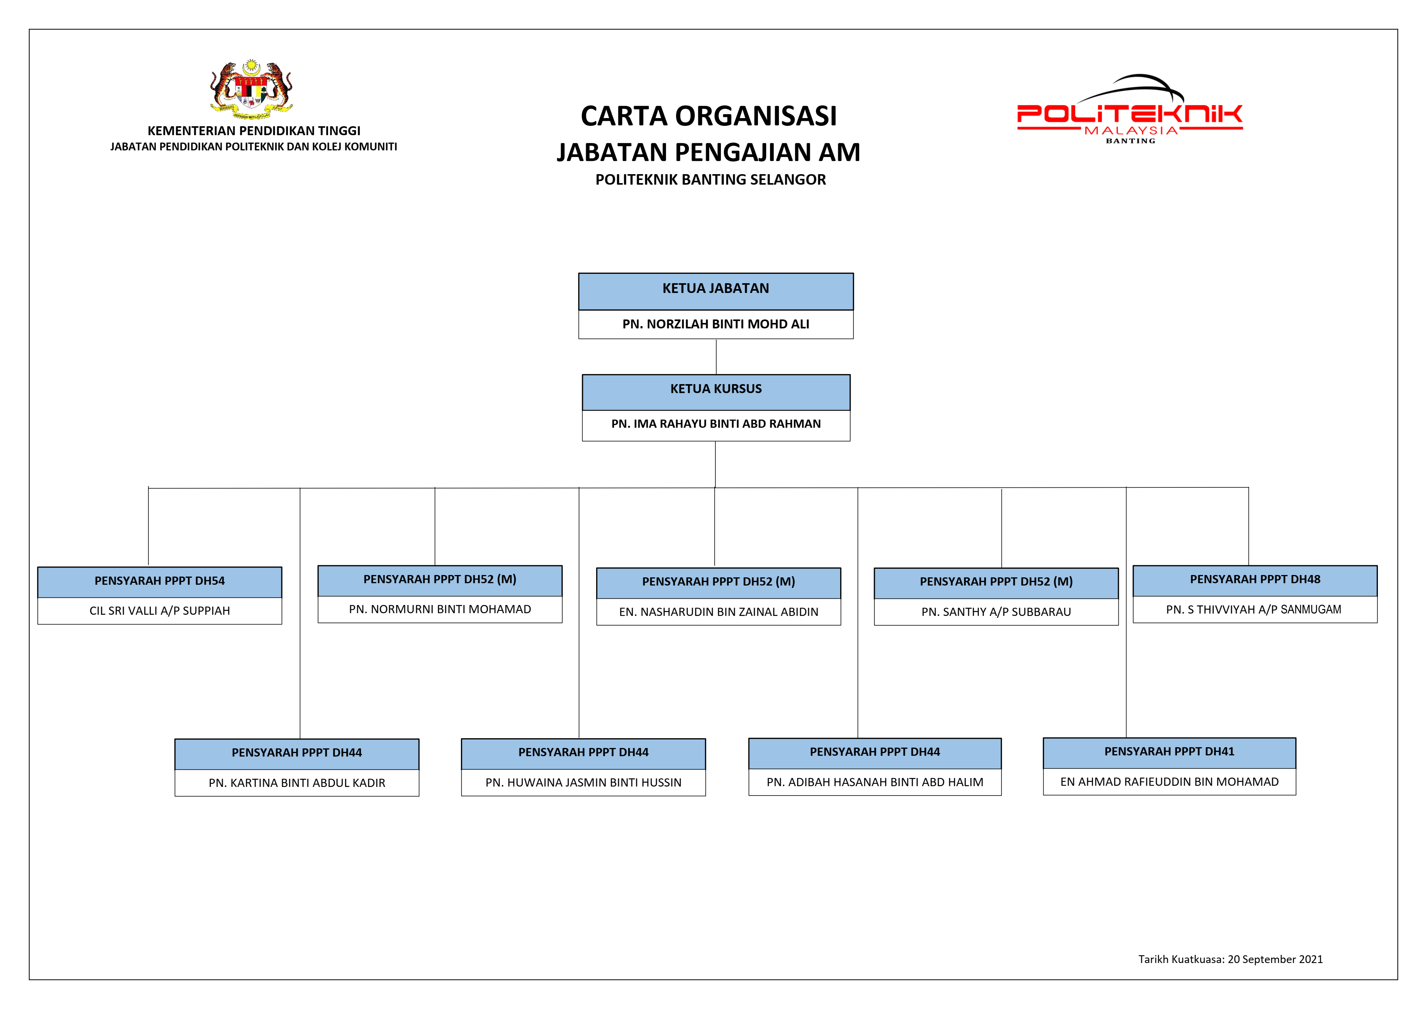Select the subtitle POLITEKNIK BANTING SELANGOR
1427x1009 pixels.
pyautogui.click(x=710, y=180)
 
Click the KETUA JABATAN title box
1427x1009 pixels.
pyautogui.click(x=716, y=291)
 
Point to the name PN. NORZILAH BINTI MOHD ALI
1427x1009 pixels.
pyautogui.click(x=716, y=324)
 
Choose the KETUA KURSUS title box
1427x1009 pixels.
pyautogui.click(x=716, y=392)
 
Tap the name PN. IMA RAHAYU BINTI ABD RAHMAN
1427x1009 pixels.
pyautogui.click(x=716, y=424)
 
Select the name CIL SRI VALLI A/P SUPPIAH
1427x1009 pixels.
pyautogui.click(x=160, y=611)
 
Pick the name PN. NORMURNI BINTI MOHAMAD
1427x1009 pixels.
pyautogui.click(x=440, y=610)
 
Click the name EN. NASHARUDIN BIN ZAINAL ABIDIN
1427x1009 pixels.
pyautogui.click(x=719, y=612)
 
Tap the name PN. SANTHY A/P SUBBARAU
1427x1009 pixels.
pyautogui.click(x=996, y=612)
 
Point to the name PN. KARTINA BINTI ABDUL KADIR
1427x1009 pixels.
pyautogui.click(x=297, y=783)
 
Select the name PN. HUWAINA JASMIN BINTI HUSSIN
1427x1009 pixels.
pyautogui.click(x=584, y=782)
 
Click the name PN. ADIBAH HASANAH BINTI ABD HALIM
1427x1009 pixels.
pyautogui.click(x=875, y=782)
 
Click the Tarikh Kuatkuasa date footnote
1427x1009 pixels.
pyautogui.click(x=1231, y=959)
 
